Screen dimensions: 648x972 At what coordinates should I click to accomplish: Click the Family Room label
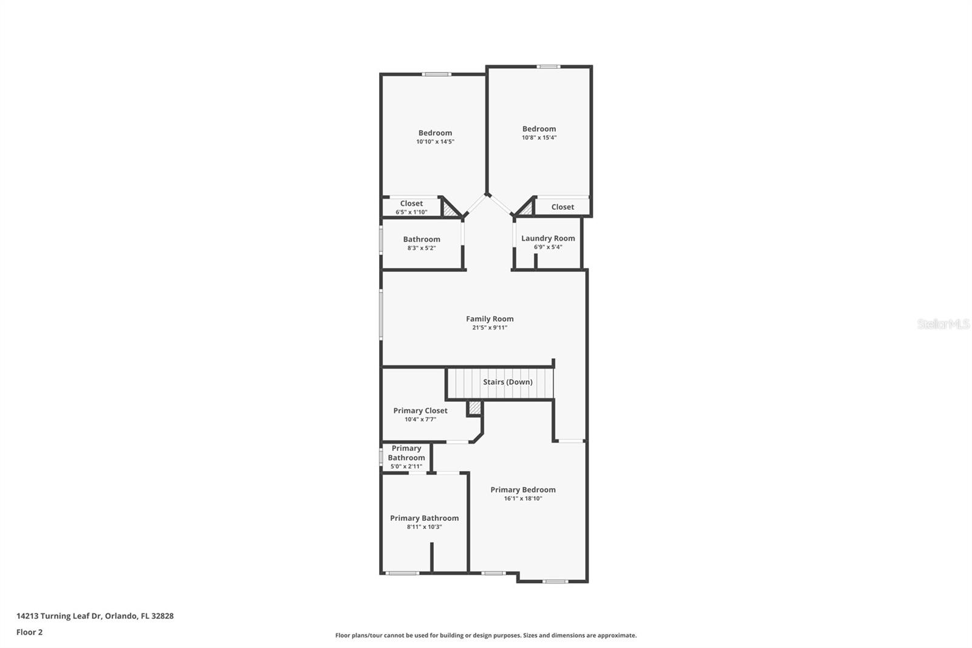[x=490, y=319]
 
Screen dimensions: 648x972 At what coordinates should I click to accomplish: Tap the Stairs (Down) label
[x=507, y=382]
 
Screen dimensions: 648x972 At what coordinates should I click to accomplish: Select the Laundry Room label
[x=548, y=238]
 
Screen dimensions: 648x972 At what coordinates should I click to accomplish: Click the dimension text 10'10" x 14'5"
[x=435, y=142]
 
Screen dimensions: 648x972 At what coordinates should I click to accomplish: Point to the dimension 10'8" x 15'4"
[x=539, y=137]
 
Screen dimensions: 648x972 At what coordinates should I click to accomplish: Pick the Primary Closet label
[x=420, y=410]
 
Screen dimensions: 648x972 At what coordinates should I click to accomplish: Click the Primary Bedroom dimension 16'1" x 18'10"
[x=522, y=498]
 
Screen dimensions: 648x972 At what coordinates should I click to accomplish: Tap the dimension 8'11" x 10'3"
[x=424, y=527]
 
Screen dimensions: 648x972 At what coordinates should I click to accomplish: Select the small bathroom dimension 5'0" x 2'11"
[x=406, y=467]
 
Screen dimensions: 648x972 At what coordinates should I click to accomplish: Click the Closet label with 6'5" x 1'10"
[x=411, y=204]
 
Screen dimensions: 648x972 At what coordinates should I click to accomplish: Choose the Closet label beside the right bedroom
[x=563, y=207]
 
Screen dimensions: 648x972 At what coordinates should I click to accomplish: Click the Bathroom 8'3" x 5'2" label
[x=421, y=240]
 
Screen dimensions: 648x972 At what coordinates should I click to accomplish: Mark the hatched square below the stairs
[x=474, y=408]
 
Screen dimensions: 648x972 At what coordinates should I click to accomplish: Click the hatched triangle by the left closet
[x=450, y=210]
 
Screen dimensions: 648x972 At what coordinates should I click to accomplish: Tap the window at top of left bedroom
[x=437, y=74]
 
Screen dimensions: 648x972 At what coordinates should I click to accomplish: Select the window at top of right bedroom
[x=548, y=66]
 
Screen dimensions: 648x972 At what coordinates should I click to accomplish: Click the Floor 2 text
[x=29, y=632]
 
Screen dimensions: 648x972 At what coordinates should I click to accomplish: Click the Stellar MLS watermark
[x=943, y=324]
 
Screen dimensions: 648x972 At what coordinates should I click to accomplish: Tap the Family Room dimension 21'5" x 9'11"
[x=490, y=328]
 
